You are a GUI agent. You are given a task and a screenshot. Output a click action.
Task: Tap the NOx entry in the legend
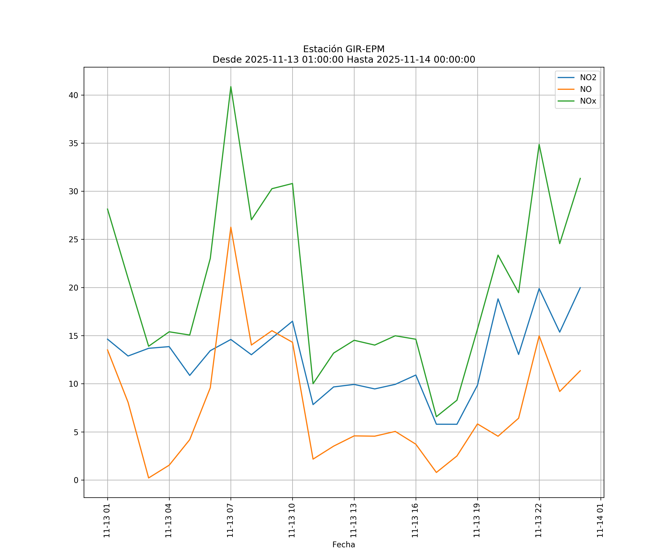coord(588,101)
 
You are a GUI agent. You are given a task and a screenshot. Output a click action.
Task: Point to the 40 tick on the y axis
coord(73,95)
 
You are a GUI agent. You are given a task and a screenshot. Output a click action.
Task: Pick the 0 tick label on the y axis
coord(76,480)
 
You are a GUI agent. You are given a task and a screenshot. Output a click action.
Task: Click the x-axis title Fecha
coord(344,545)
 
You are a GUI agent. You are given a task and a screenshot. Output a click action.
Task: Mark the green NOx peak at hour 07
coord(231,87)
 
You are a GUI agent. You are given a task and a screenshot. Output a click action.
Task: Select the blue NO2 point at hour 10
coord(292,321)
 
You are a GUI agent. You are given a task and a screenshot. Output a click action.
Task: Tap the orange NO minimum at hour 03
coord(149,478)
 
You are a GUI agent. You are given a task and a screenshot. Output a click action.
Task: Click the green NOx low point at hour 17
coord(437,416)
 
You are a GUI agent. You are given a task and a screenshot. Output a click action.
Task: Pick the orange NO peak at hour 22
coord(539,336)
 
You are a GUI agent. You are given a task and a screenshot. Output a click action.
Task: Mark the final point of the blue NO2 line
coord(580,288)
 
